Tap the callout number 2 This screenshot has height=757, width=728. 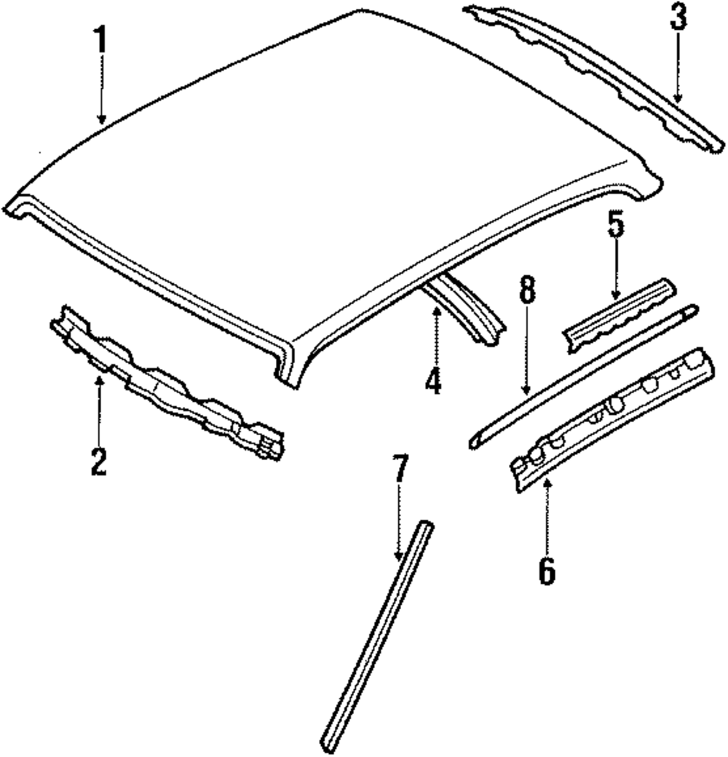tap(99, 461)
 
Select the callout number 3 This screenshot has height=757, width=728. tap(678, 18)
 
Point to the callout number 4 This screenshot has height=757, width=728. tap(434, 381)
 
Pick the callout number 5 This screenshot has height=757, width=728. tap(616, 225)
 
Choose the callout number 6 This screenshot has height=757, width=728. tap(547, 571)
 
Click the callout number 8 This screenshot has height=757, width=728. tap(528, 290)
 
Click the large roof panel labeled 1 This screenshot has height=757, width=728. tap(328, 167)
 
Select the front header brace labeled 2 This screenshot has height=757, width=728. tap(167, 386)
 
